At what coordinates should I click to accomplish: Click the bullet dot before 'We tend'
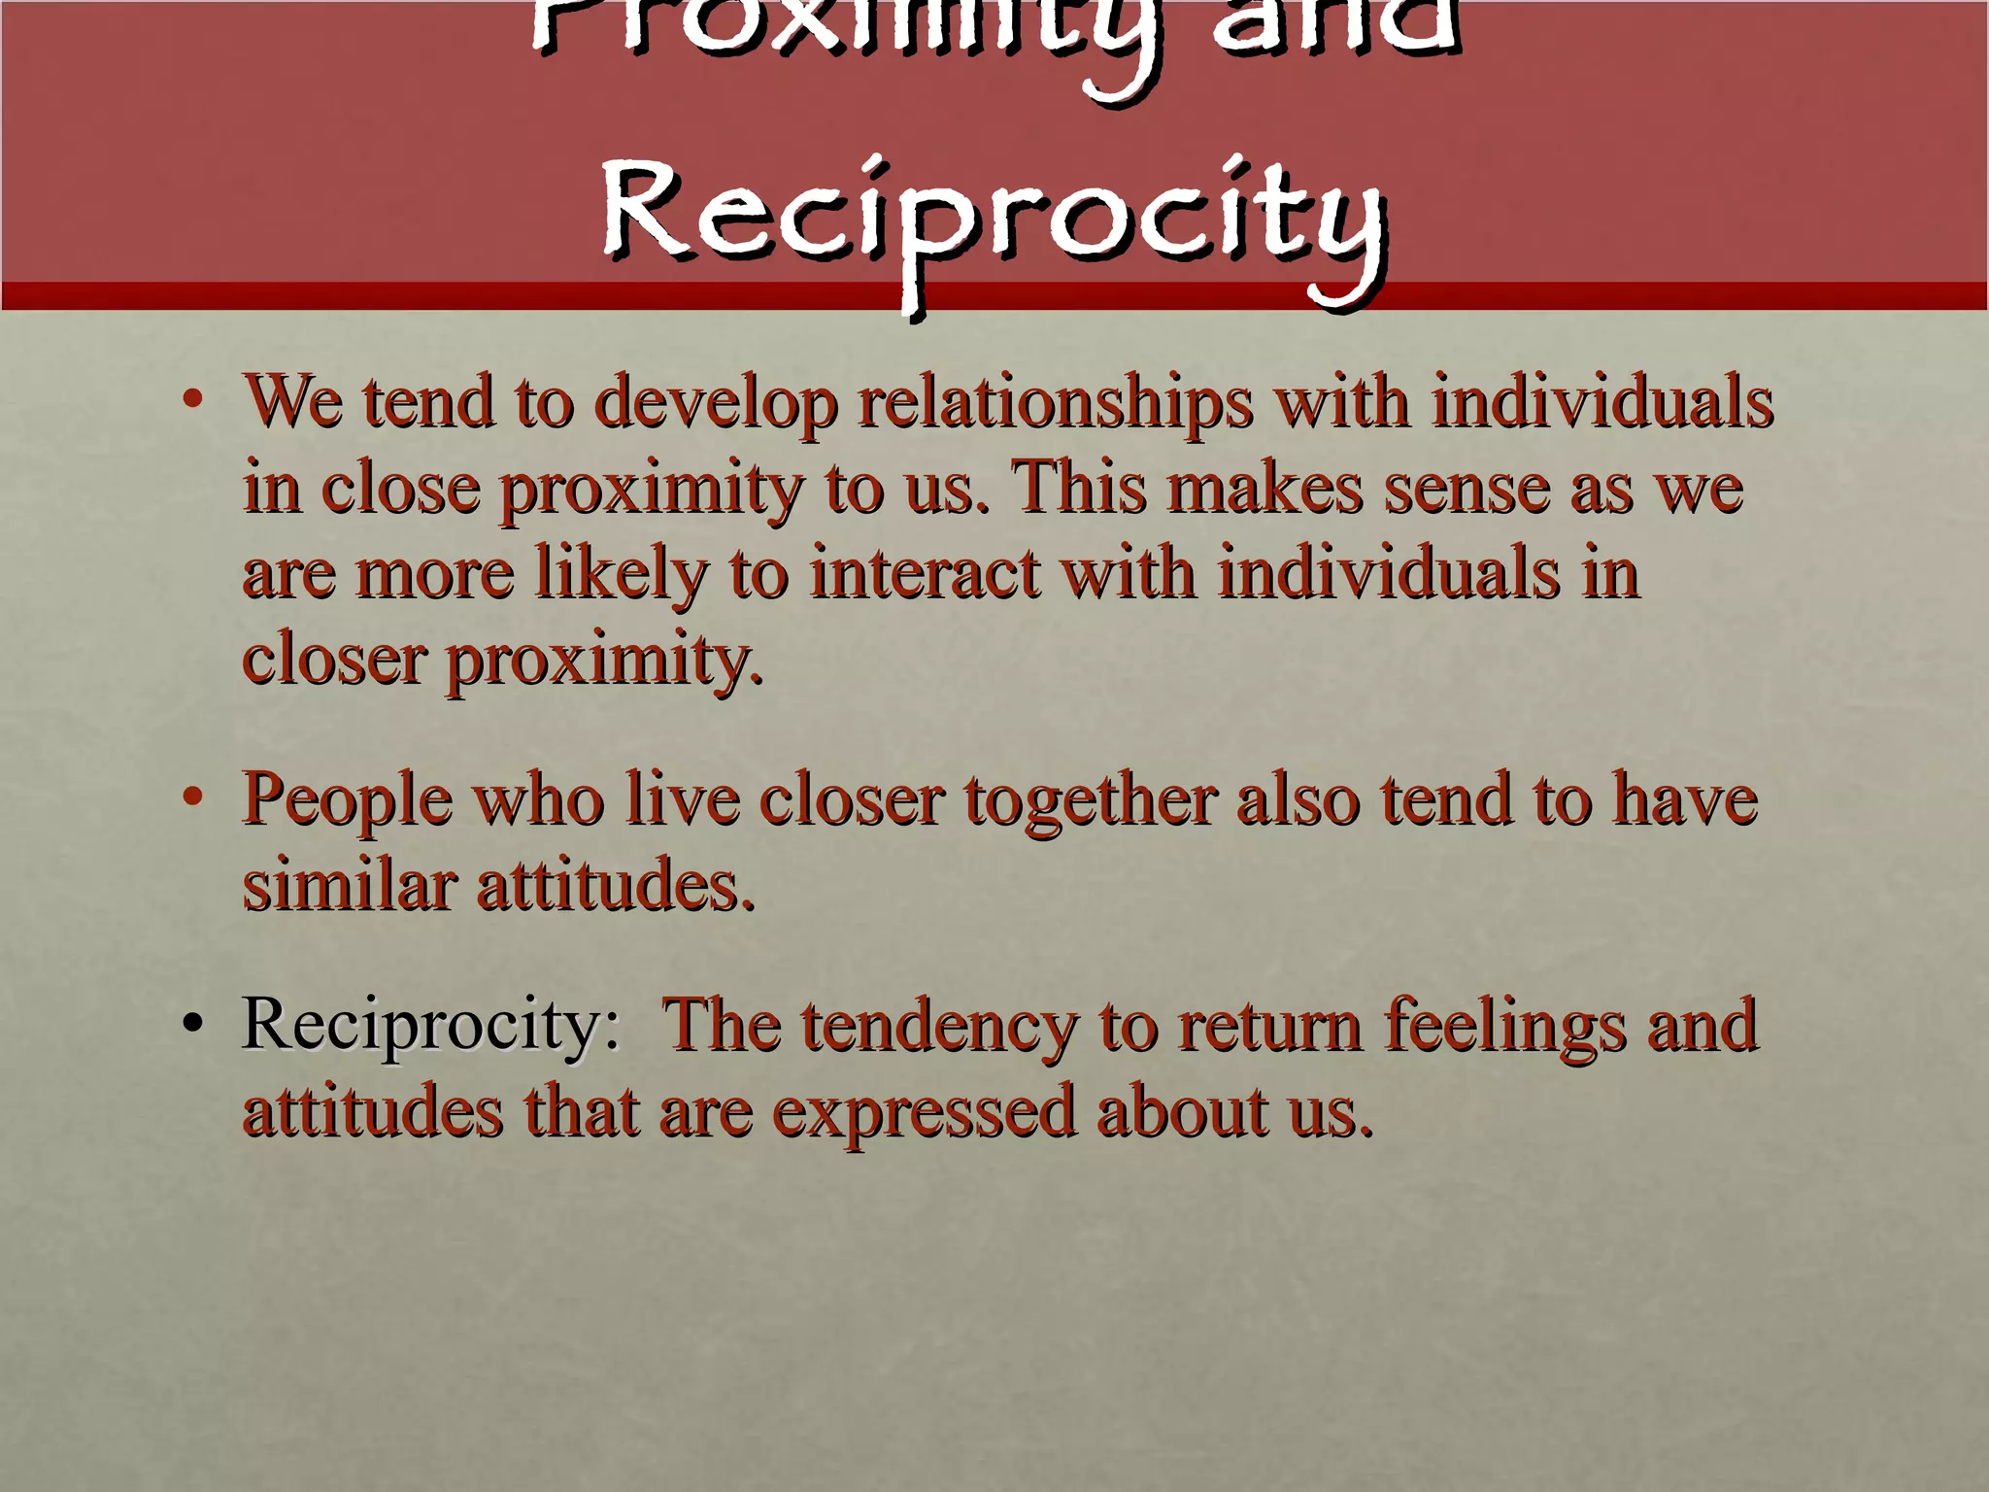pos(193,398)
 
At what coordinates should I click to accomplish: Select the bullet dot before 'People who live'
pos(193,797)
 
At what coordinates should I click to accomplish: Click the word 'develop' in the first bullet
pos(716,402)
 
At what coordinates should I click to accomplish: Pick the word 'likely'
pos(622,573)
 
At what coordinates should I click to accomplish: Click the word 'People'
pos(348,801)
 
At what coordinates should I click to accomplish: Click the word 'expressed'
pos(924,1113)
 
